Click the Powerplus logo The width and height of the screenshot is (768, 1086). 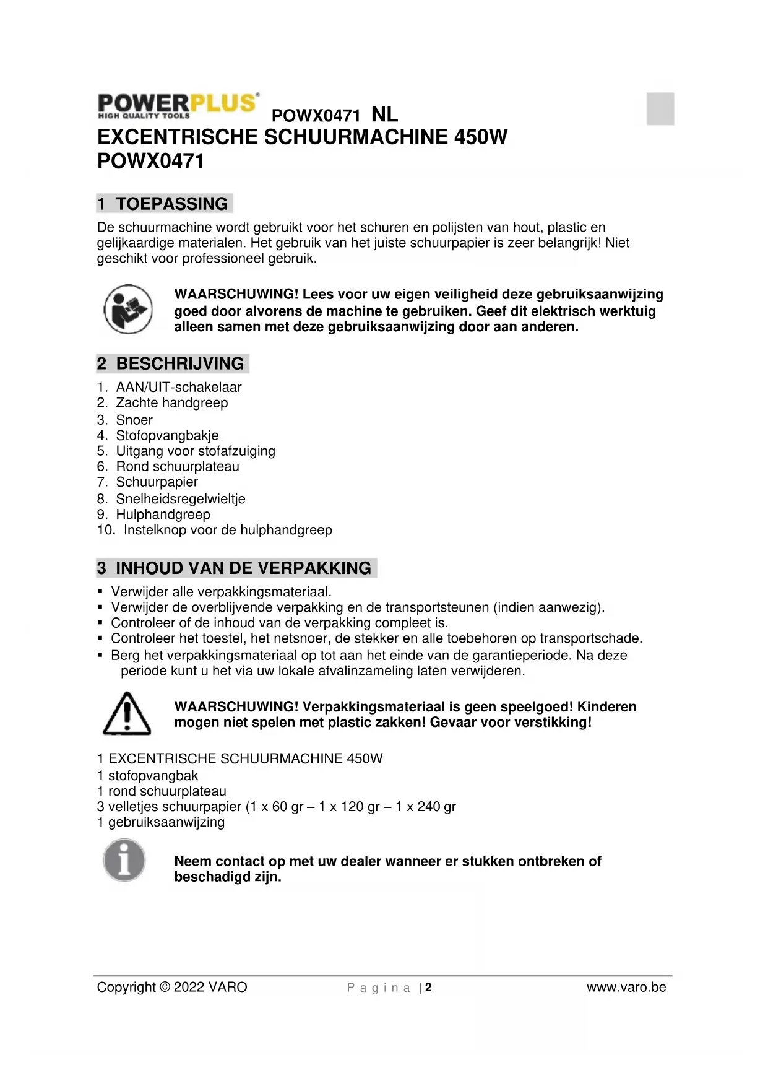[x=178, y=106]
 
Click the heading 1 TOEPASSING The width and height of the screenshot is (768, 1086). [x=164, y=204]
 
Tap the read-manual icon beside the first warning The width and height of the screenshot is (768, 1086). [x=128, y=309]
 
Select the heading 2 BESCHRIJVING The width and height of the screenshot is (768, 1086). [x=172, y=363]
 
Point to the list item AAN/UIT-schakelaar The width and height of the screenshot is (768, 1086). [x=179, y=388]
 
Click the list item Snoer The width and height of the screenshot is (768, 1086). [x=134, y=420]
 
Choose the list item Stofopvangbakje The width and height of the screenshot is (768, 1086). [x=167, y=435]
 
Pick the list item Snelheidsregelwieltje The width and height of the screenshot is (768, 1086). [x=181, y=499]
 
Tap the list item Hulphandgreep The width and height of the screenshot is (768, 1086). [x=163, y=515]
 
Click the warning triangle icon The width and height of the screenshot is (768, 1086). [x=127, y=714]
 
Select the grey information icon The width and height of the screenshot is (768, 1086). [x=124, y=860]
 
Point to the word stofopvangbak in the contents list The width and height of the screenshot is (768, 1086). [x=153, y=776]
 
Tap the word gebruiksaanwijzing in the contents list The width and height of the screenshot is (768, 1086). [x=166, y=822]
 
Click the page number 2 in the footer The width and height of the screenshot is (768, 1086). [x=428, y=988]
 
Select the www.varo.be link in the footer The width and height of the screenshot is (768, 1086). [x=626, y=988]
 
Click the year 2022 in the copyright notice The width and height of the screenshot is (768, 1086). [x=189, y=988]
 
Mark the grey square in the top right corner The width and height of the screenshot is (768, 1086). [x=660, y=109]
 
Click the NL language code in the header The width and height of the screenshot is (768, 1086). [x=384, y=115]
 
